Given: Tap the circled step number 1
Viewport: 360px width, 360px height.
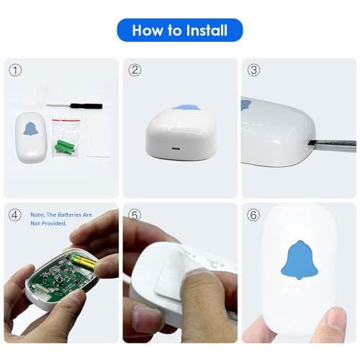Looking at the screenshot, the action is click(x=15, y=71).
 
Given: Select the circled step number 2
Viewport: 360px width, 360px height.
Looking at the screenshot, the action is click(x=135, y=70).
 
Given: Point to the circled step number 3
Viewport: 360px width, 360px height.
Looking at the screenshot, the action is click(x=253, y=70).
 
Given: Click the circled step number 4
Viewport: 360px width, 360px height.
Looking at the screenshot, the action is click(x=15, y=215).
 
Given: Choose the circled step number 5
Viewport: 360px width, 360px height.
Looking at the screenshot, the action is click(x=135, y=215).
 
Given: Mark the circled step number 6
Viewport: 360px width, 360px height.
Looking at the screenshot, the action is click(x=253, y=215).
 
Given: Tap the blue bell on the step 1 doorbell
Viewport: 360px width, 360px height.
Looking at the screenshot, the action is click(x=31, y=129).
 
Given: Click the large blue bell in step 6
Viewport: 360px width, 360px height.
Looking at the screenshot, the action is click(x=300, y=261).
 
